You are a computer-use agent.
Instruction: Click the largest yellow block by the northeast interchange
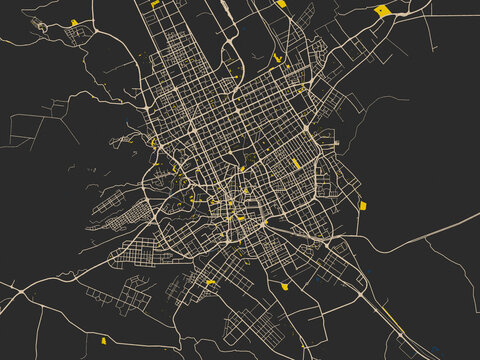tap(381, 11)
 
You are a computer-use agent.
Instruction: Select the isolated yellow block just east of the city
tap(363, 205)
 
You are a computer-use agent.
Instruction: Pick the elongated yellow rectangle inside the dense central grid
tap(297, 163)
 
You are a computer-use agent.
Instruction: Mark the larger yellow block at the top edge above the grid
tap(281, 4)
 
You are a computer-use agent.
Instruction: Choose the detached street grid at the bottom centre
tap(245, 325)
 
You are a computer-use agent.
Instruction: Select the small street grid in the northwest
tap(75, 36)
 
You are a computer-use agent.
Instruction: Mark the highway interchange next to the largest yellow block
tap(400, 15)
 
